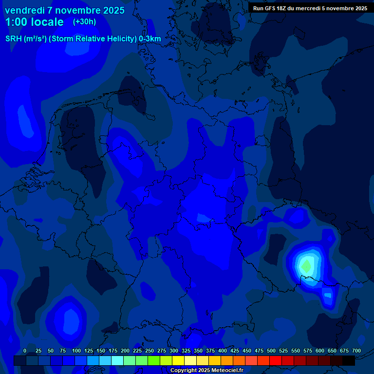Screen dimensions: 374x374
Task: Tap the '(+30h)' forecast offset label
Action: pos(84,22)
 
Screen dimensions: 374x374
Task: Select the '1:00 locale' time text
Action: pos(34,22)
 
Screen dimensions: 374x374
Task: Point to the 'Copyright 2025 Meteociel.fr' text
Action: pos(206,370)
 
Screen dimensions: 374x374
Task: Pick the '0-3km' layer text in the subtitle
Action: pos(150,39)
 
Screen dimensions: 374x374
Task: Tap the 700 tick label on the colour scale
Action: pos(356,351)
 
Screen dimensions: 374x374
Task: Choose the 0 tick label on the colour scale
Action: pos(25,351)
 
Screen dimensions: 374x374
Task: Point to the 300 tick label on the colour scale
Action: pos(174,351)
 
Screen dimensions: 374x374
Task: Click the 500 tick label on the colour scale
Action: pos(271,351)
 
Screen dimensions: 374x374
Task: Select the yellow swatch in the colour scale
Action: pos(178,360)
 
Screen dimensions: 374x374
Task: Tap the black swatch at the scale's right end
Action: pos(349,360)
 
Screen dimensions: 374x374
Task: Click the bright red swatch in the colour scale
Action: pos(276,360)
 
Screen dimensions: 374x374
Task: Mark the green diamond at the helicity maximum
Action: pos(306,266)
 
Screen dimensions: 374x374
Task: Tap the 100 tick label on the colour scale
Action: pos(76,351)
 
